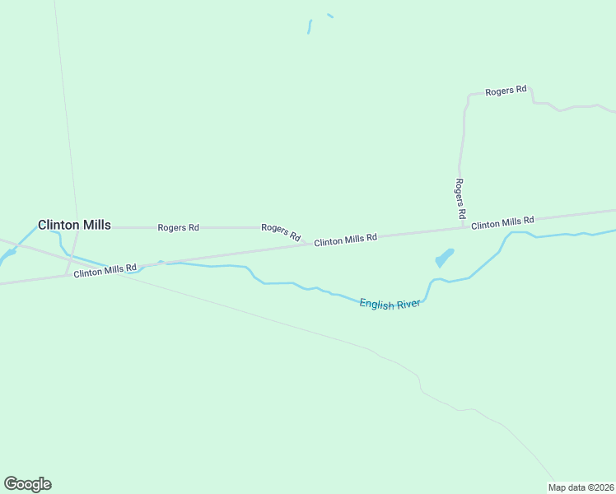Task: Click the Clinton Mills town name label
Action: coord(74,225)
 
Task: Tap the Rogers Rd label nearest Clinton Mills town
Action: coord(178,227)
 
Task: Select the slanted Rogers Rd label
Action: coord(281,231)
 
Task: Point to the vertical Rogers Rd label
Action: coord(460,198)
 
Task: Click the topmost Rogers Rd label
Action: coord(506,91)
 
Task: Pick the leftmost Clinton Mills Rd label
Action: coord(105,270)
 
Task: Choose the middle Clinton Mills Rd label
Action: coord(345,239)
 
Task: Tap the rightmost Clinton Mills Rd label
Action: coord(502,222)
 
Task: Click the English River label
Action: coord(390,304)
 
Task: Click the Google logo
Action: coord(27,484)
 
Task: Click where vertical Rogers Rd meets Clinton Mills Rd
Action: coord(464,228)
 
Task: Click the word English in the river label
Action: coord(376,304)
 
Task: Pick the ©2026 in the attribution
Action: coord(598,487)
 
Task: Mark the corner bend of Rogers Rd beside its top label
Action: coord(469,96)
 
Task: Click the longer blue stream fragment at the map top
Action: coord(310,26)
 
